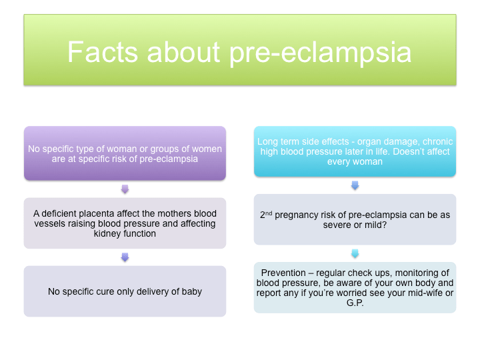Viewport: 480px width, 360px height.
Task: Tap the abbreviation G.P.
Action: [x=355, y=303]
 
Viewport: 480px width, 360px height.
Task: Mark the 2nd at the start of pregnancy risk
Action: [x=267, y=214]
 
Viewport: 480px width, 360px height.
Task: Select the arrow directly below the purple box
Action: [x=125, y=189]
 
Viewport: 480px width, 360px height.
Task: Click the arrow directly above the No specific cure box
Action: [x=125, y=257]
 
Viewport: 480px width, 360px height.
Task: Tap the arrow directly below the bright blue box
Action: [x=355, y=185]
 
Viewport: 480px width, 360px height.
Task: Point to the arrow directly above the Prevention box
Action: [x=355, y=253]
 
